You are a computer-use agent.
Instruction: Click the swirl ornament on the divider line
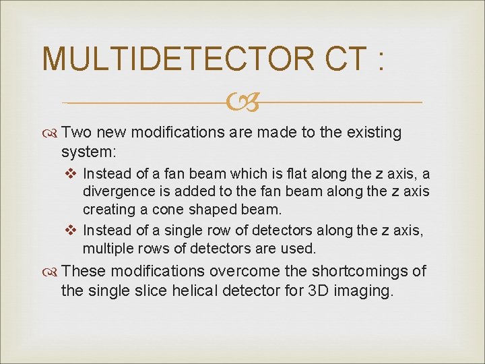(x=243, y=103)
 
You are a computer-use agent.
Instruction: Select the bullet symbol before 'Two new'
(x=51, y=133)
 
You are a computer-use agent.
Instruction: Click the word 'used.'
(x=297, y=249)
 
